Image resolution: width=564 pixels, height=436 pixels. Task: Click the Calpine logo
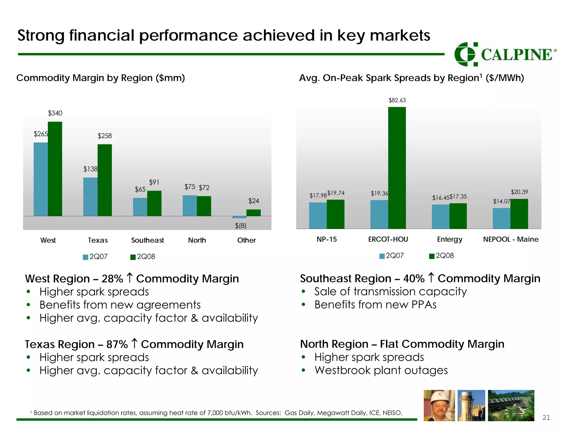point(505,54)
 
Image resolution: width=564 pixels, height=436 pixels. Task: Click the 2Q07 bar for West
point(41,179)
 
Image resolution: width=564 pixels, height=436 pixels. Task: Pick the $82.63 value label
point(397,100)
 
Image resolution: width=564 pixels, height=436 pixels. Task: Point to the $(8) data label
point(241,226)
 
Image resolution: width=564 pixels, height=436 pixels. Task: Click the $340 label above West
point(55,113)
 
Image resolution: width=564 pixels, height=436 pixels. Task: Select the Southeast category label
point(147,240)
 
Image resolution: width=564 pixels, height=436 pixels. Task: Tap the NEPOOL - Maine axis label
point(511,239)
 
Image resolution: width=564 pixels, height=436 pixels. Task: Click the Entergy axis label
point(449,239)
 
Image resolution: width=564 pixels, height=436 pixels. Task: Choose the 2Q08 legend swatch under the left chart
point(133,257)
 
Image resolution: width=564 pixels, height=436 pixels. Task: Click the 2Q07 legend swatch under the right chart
point(382,256)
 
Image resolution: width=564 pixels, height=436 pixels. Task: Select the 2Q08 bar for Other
point(253,213)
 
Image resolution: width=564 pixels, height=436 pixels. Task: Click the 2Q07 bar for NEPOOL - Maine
point(501,218)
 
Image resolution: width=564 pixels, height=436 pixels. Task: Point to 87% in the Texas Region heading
point(117,345)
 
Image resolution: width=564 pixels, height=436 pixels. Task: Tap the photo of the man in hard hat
point(439,405)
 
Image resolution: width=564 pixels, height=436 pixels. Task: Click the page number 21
point(546,418)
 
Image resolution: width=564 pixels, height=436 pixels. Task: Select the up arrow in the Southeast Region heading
point(431,278)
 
